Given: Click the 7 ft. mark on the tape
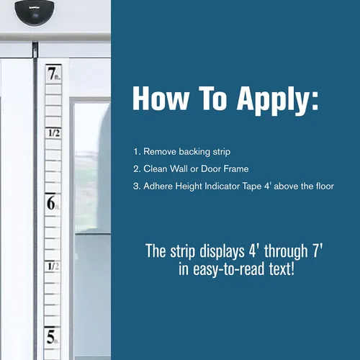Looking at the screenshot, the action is click(54, 73).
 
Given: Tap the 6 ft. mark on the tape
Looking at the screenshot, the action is click(53, 203).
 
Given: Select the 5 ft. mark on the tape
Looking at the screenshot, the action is click(53, 337).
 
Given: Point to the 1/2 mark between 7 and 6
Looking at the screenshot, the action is click(54, 133).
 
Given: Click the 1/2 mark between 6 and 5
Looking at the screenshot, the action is click(53, 266).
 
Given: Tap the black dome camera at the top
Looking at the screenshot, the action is click(35, 12).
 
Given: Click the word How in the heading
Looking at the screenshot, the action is click(161, 99).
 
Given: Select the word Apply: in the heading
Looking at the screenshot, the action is click(278, 101).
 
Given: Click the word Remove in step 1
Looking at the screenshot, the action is click(160, 152).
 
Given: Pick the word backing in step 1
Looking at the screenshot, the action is click(194, 152).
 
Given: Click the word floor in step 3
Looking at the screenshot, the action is click(325, 186).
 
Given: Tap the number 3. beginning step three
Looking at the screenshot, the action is click(137, 186).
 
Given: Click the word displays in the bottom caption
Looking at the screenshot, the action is click(222, 252).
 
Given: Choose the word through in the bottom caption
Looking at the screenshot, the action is click(286, 252).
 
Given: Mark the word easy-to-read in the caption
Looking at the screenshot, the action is click(229, 269).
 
